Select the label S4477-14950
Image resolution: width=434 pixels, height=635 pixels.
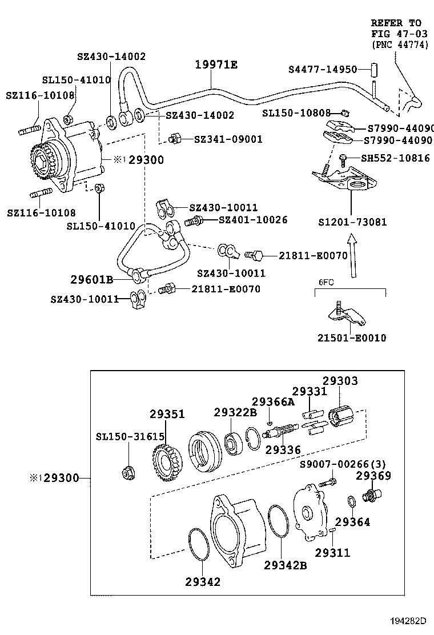323,69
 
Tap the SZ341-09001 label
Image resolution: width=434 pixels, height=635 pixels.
228,139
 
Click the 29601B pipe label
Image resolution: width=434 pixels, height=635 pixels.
91,279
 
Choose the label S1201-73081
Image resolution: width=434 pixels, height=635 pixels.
352,222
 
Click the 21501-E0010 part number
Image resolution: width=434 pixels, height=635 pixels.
352,337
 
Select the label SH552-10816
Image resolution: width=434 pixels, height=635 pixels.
395,158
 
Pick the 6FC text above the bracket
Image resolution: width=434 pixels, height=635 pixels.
325,282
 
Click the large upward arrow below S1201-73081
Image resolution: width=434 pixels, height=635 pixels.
352,256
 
